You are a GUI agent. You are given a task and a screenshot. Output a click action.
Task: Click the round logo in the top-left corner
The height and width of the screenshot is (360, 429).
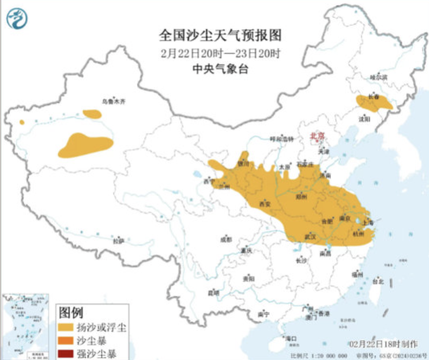click(17, 19)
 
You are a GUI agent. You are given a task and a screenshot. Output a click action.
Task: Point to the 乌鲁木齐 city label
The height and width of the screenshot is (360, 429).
click(113, 102)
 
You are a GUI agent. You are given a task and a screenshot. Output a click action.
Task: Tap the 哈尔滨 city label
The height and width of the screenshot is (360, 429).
click(378, 76)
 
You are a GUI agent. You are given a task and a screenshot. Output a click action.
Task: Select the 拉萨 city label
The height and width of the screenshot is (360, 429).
click(118, 241)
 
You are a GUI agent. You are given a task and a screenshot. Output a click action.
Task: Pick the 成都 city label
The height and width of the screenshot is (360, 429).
click(225, 239)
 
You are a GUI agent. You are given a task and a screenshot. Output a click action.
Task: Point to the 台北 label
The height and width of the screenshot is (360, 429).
click(378, 282)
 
